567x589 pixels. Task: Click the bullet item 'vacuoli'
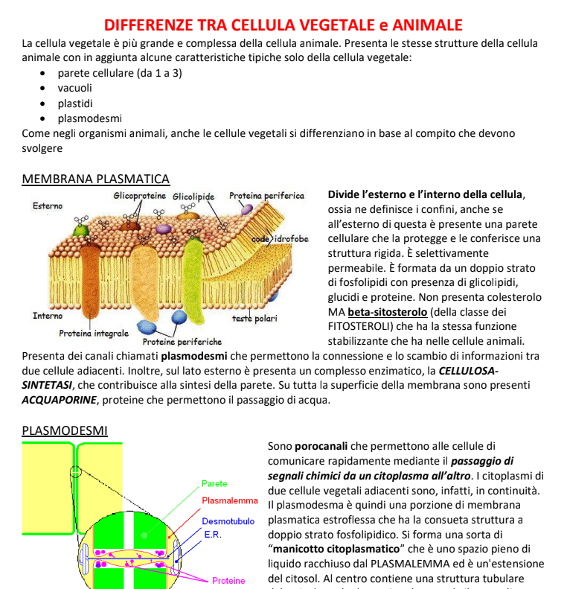[x=75, y=88]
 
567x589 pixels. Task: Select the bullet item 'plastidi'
[x=75, y=103]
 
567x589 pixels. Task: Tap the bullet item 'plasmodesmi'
[x=90, y=118]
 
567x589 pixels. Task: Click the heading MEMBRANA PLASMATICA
[x=96, y=179]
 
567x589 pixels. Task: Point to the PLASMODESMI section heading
[x=65, y=430]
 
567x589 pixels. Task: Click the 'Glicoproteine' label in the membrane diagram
[x=140, y=196]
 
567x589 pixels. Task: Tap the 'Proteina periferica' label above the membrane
[x=266, y=196]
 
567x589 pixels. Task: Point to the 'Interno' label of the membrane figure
[x=48, y=316]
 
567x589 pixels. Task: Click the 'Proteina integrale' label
[x=94, y=333]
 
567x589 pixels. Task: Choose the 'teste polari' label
[x=254, y=319]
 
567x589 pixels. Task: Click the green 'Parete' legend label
[x=214, y=484]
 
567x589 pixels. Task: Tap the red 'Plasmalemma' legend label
[x=229, y=500]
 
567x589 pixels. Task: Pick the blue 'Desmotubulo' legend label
[x=228, y=521]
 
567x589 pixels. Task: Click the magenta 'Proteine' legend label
[x=228, y=580]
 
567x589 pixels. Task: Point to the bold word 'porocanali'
[x=321, y=447]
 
